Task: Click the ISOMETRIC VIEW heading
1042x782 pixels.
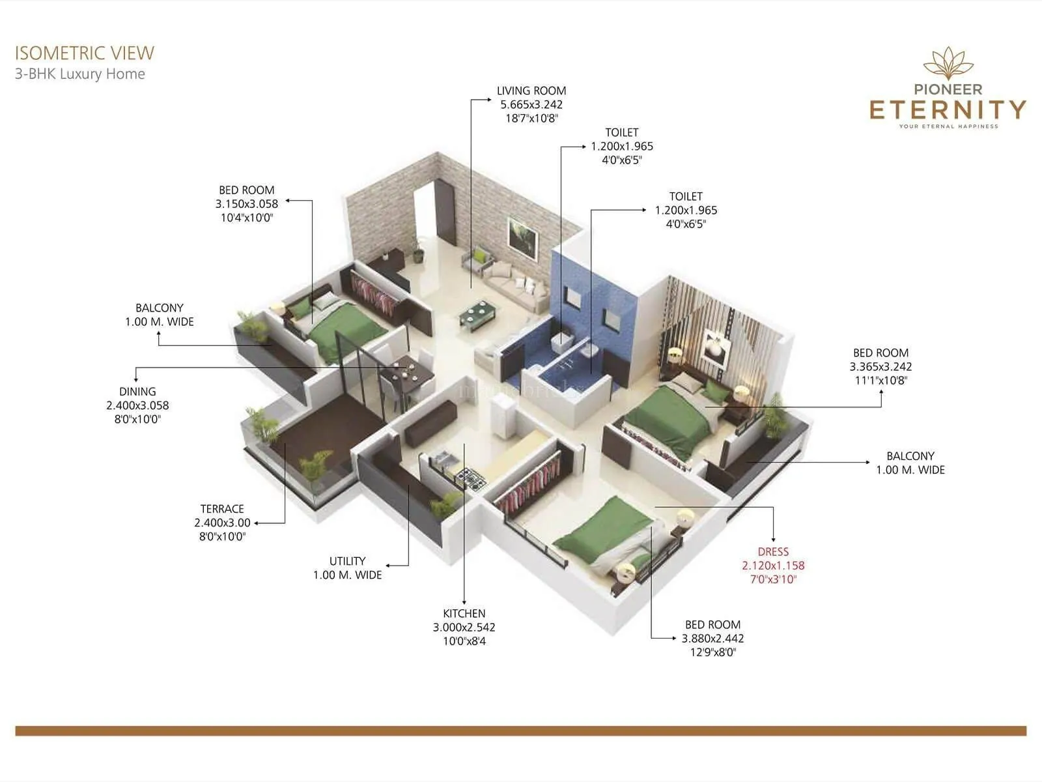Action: [x=85, y=53]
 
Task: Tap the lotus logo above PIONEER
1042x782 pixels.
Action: [x=948, y=64]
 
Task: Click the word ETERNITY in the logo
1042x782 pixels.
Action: [x=948, y=109]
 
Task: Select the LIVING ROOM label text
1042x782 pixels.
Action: [x=531, y=91]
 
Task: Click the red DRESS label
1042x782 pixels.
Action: [x=773, y=551]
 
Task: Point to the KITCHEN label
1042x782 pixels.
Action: [x=464, y=613]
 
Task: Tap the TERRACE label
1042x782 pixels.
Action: [x=222, y=508]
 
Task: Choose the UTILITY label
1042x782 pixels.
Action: [x=347, y=560]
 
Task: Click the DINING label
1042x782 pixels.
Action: [x=137, y=391]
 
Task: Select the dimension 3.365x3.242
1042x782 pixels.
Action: [x=880, y=366]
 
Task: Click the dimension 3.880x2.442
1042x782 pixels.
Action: [x=712, y=639]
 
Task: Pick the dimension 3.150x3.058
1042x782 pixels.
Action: [x=247, y=203]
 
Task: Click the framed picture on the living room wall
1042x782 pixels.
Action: [x=523, y=236]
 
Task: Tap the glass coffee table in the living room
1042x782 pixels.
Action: [x=480, y=315]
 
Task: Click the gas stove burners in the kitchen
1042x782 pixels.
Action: [x=471, y=479]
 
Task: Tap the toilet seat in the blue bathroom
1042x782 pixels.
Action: [x=562, y=341]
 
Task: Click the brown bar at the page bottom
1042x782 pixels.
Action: [x=521, y=731]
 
